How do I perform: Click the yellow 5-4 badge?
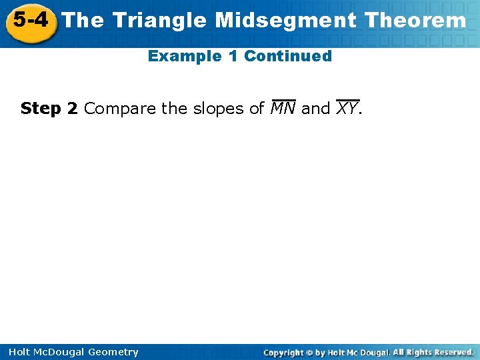pos(31,23)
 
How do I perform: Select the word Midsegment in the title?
pos(285,21)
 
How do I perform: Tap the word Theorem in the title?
pos(415,20)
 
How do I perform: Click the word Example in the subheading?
pos(185,57)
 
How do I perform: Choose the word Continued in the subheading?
pos(288,56)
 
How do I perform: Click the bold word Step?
pos(41,109)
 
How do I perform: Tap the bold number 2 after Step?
pos(72,109)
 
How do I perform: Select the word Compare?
pos(120,109)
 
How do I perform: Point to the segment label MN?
pos(283,107)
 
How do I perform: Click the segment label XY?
pos(347,107)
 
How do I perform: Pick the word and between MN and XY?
pos(315,109)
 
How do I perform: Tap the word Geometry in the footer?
pos(113,353)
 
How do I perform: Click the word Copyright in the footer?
pos(283,353)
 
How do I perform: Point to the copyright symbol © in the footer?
pos(309,353)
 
